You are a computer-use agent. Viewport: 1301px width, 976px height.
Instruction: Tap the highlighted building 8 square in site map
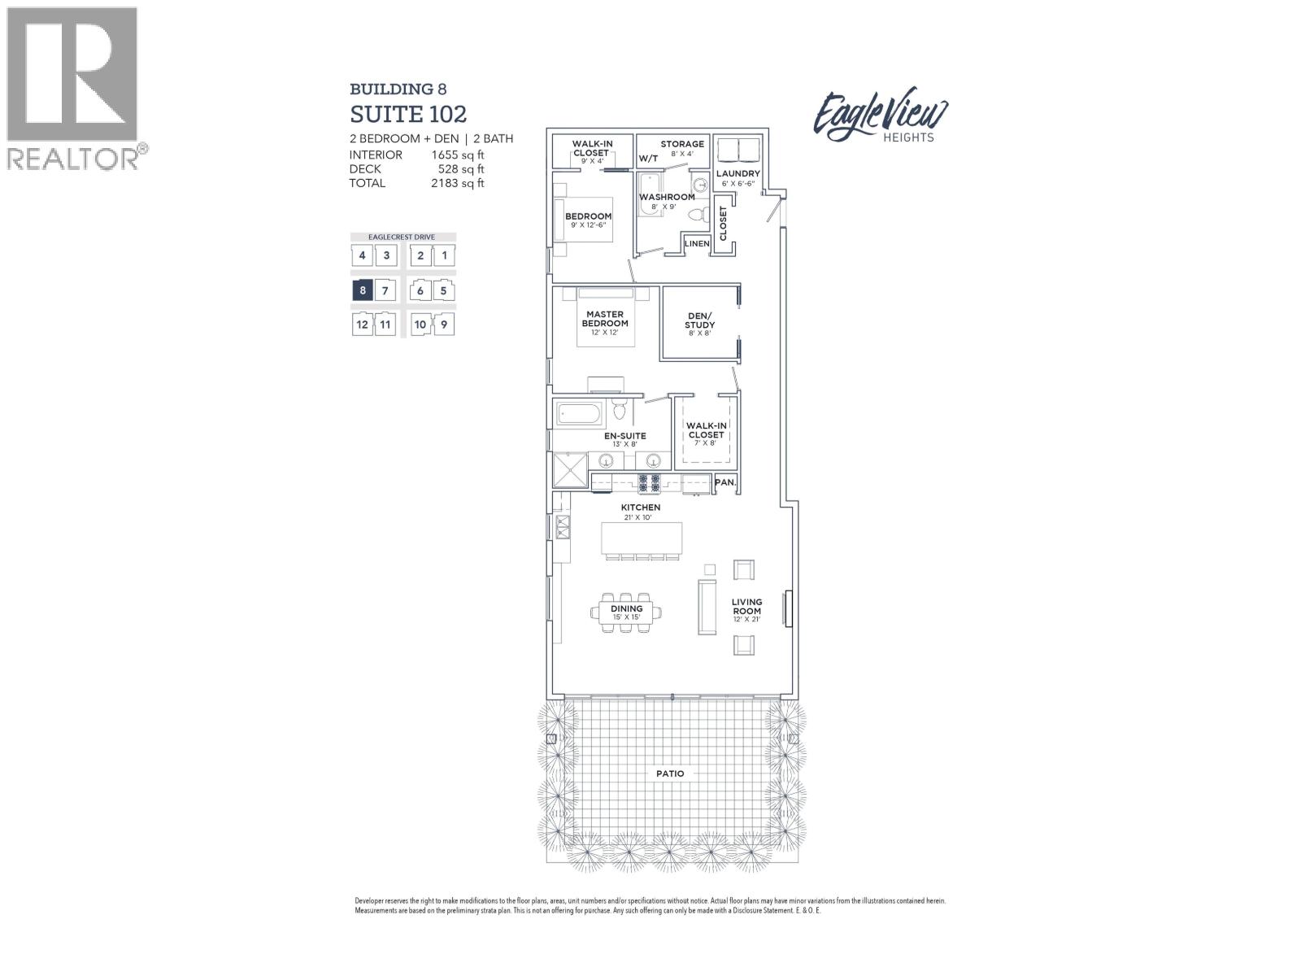pos(362,290)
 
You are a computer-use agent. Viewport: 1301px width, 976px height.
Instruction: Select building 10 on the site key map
pos(420,325)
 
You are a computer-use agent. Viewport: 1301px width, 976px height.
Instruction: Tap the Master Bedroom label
pos(605,319)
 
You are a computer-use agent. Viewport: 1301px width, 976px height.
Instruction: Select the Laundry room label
pos(738,174)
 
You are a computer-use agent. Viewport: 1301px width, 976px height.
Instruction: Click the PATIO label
pos(670,773)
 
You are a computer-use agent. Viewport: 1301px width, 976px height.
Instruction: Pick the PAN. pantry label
pos(725,482)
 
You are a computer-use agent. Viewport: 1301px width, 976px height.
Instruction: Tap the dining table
pos(627,612)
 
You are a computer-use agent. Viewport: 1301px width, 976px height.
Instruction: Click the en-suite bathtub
pos(580,416)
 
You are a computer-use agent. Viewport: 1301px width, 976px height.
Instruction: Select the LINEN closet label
pos(697,244)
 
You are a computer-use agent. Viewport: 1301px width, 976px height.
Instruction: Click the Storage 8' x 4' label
pos(681,148)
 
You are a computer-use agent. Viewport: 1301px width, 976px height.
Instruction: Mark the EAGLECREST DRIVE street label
pos(402,237)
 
